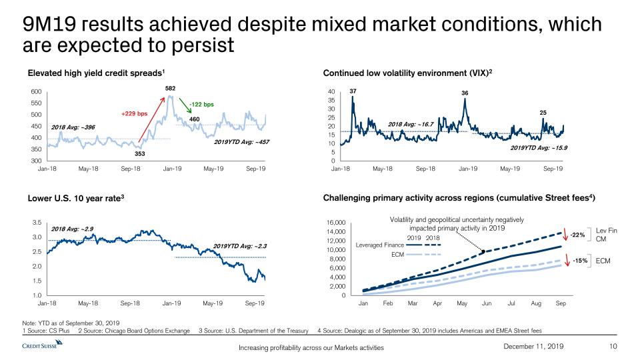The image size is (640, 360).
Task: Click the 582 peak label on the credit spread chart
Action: click(170, 87)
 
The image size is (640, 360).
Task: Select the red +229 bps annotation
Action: click(133, 113)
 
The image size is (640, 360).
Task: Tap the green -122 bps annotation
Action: click(201, 104)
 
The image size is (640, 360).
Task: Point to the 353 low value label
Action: click(139, 153)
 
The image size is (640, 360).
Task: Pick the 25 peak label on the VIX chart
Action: click(543, 113)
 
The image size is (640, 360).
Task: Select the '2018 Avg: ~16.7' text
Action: click(411, 124)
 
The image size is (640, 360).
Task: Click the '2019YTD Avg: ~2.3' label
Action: click(240, 246)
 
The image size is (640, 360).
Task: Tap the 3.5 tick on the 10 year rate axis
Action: click(36, 223)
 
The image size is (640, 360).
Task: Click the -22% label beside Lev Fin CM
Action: click(578, 235)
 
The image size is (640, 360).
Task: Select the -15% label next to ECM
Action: click(578, 261)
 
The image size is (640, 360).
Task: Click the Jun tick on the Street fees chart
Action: click(487, 303)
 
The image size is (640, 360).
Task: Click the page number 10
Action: click(614, 345)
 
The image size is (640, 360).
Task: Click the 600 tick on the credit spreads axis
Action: click(37, 92)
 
